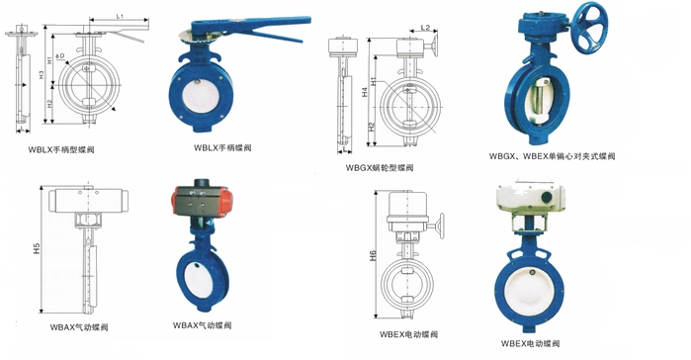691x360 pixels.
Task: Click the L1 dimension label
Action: [119, 17]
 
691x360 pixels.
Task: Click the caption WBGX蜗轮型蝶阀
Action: [380, 168]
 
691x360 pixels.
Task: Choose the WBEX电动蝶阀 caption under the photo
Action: [530, 343]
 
